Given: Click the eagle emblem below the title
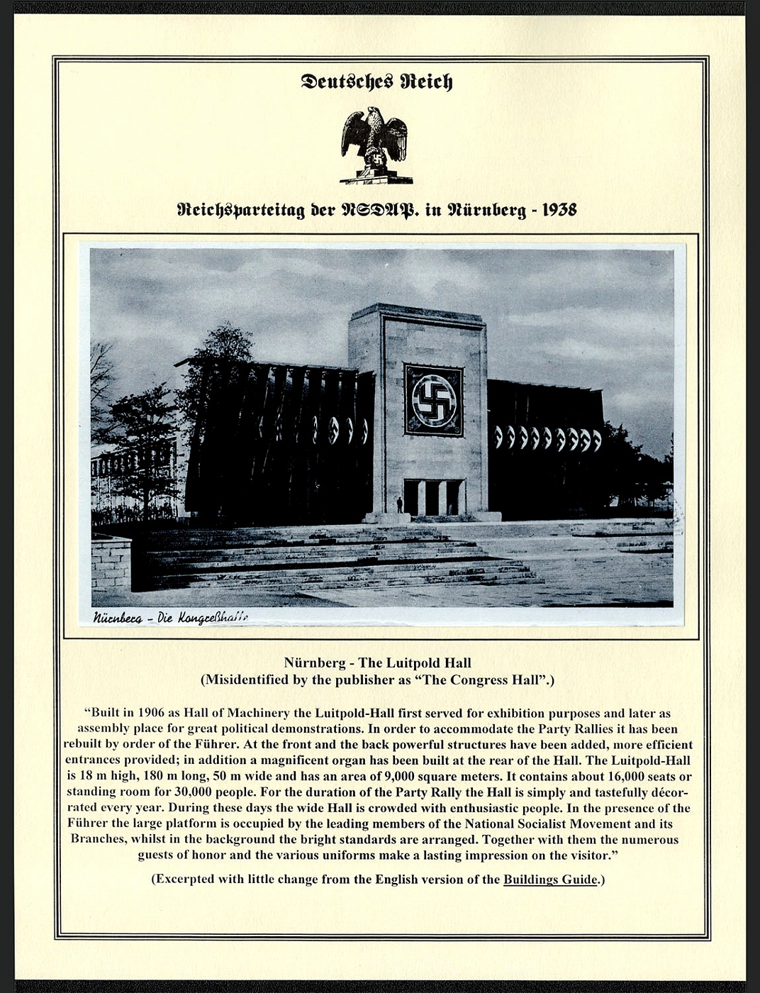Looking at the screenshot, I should [375, 146].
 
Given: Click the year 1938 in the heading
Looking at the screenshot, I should [559, 210].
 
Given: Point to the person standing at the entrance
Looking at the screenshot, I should [400, 504].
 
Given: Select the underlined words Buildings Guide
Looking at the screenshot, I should [550, 880].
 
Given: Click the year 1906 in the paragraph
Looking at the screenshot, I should [155, 714].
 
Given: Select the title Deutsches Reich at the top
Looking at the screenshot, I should [376, 82].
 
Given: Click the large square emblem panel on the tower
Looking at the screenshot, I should [433, 400].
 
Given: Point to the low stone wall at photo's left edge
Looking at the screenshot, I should [111, 563].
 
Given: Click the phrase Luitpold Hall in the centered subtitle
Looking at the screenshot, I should [414, 663].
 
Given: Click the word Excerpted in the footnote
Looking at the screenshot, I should [185, 880].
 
